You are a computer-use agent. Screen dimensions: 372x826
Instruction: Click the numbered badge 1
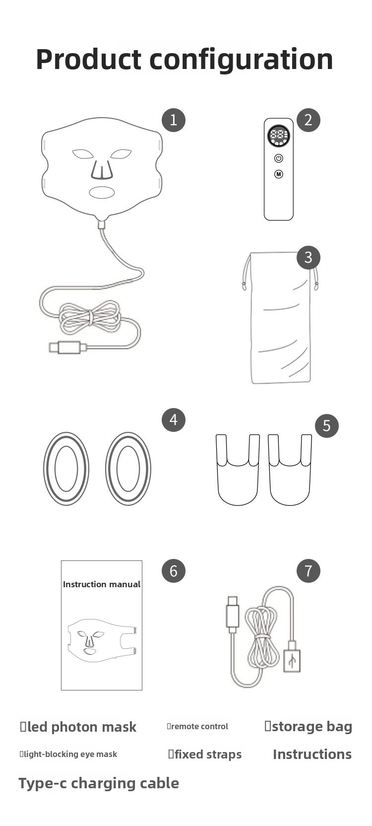(x=174, y=120)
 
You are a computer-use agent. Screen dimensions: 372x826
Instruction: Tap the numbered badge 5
(x=327, y=425)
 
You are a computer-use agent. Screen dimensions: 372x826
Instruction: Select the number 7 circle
(x=309, y=571)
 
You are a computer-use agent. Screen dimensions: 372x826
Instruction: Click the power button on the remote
(x=279, y=158)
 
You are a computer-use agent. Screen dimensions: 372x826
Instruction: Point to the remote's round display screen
(x=279, y=136)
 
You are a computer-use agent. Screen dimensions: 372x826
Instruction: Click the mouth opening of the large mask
(x=102, y=192)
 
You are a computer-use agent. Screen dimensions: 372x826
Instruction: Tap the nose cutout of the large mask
(x=102, y=170)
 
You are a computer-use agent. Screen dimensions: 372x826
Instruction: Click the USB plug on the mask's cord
(x=68, y=347)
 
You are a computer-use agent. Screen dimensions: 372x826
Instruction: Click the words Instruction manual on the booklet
(x=102, y=584)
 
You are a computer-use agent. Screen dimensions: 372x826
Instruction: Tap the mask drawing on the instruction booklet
(x=102, y=640)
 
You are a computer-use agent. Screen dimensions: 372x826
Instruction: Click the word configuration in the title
(x=241, y=60)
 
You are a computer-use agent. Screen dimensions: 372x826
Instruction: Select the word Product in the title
(x=89, y=59)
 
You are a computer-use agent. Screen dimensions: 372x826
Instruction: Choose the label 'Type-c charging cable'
(x=99, y=783)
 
